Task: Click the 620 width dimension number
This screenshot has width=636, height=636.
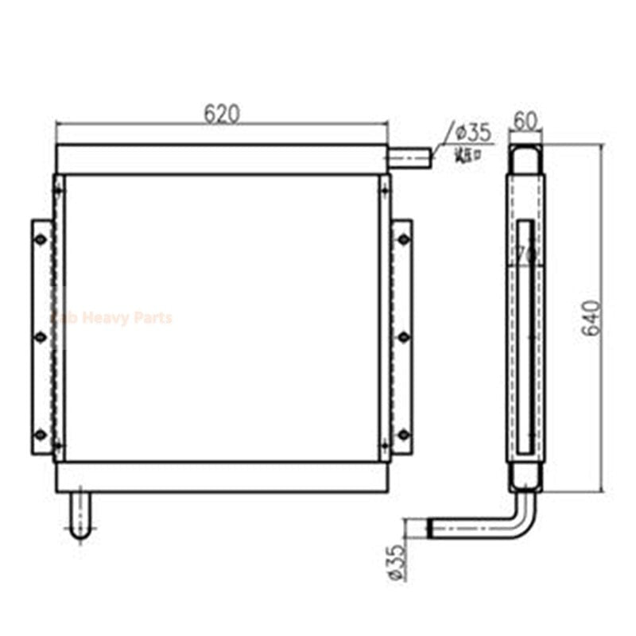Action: [x=221, y=114]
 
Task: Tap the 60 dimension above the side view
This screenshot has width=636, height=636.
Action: [x=525, y=122]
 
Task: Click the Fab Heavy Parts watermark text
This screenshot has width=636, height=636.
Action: [x=111, y=318]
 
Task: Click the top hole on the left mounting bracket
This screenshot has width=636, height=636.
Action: [x=39, y=238]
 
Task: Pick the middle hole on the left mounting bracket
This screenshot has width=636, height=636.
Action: [x=39, y=336]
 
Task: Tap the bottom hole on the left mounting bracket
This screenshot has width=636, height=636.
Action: [x=39, y=433]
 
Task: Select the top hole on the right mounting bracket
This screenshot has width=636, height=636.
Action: [x=403, y=238]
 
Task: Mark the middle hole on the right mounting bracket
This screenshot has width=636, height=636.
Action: [x=403, y=336]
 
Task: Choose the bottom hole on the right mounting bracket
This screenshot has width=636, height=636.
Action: [x=403, y=433]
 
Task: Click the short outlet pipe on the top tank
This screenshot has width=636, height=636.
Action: [x=409, y=159]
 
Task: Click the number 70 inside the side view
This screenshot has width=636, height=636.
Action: [x=525, y=254]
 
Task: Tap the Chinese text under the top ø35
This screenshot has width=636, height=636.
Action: [x=467, y=154]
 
